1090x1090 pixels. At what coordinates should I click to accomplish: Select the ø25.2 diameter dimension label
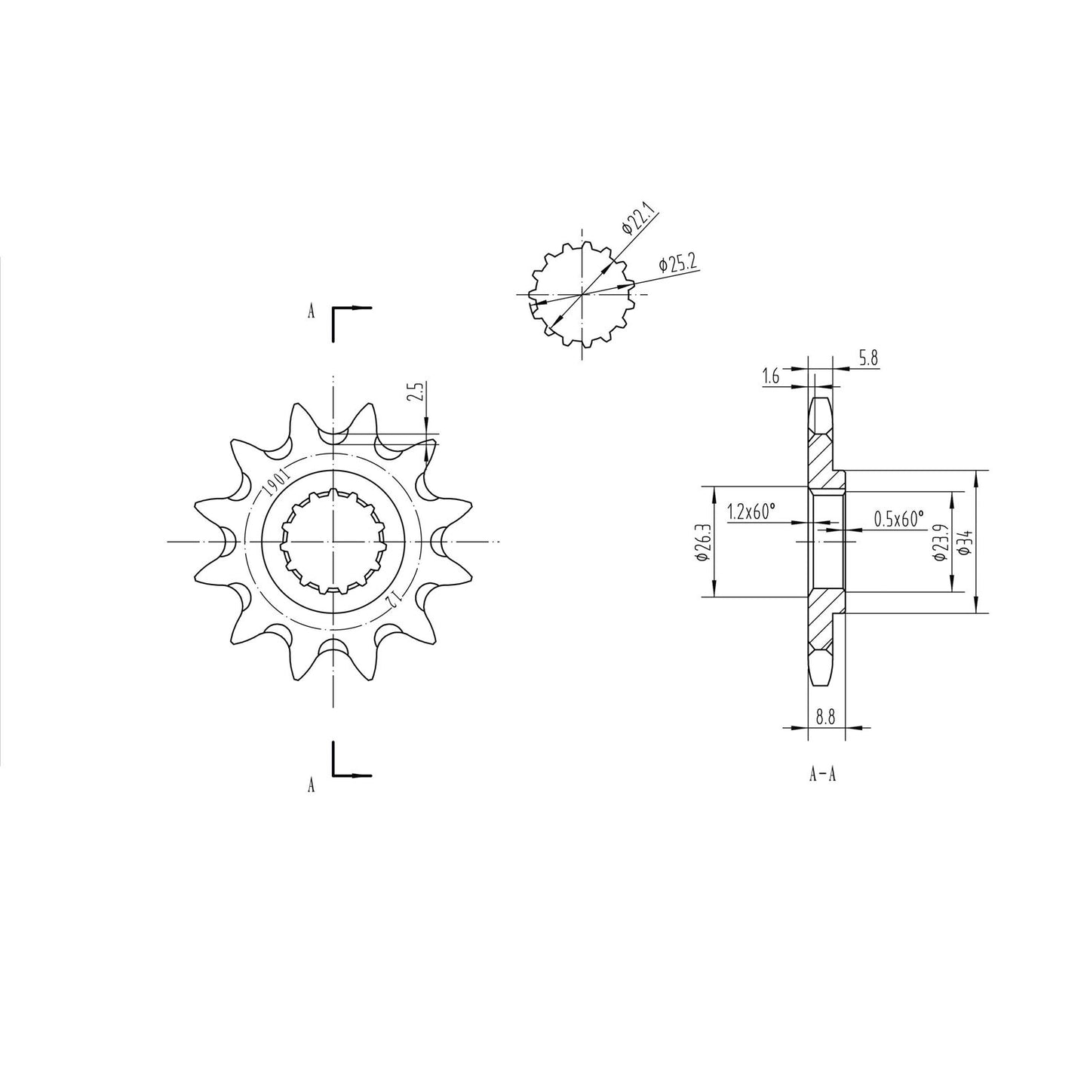(677, 263)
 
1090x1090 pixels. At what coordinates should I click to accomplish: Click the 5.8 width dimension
(868, 359)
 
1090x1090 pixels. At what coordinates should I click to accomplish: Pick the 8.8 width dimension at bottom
(826, 718)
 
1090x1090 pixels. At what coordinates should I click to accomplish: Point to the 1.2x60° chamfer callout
(751, 512)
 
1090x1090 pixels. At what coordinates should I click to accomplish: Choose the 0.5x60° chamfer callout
(898, 519)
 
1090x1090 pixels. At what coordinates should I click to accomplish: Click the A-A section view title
(821, 774)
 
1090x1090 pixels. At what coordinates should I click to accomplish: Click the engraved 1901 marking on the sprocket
(274, 481)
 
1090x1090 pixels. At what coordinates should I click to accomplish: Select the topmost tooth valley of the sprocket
(333, 437)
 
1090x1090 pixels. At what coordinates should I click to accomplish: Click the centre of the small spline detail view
(582, 294)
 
